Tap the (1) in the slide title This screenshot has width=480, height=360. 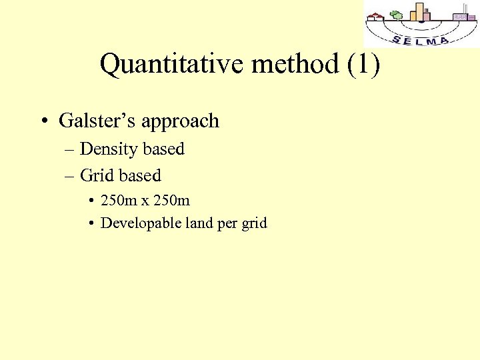point(363,65)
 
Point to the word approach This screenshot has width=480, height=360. point(180,122)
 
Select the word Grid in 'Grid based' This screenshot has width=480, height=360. point(95,175)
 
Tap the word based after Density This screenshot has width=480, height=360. point(163,149)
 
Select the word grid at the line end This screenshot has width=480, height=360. point(254,223)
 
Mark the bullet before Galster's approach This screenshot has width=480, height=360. point(43,121)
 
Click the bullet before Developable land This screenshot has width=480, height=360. point(89,223)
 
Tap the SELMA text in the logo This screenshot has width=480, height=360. point(420,40)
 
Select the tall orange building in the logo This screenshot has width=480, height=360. point(419,12)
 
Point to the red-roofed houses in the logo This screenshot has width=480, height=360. point(377,17)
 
